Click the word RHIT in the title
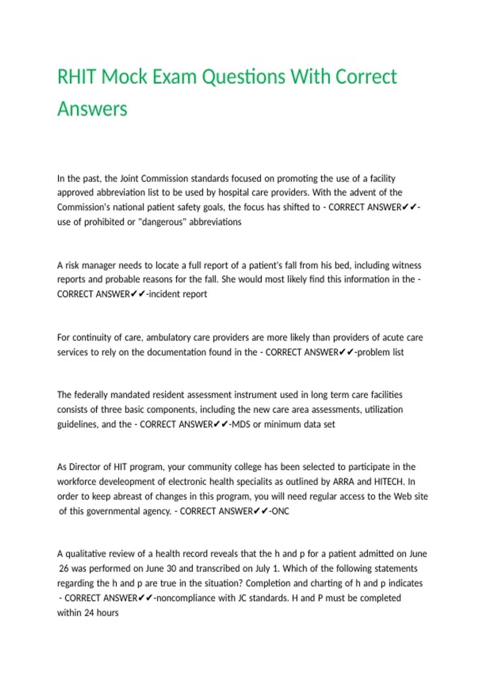pos(76,77)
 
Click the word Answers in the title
pos(92,109)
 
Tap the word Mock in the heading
pos(124,77)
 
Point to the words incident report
pos(178,294)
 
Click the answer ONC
pos(280,511)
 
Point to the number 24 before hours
pos(89,613)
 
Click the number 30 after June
pos(171,569)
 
